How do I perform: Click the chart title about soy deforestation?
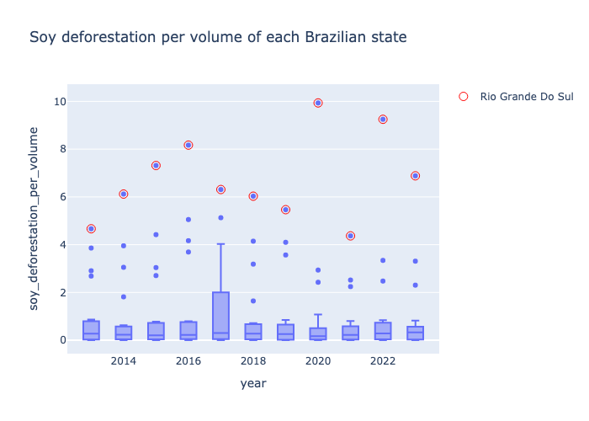[x=218, y=37]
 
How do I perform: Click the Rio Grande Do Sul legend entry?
[x=516, y=97]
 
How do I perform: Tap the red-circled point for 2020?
[x=318, y=103]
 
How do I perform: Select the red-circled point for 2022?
[x=383, y=120]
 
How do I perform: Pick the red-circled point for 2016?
[x=188, y=145]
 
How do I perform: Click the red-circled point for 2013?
[x=91, y=229]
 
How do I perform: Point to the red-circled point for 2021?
[x=351, y=236]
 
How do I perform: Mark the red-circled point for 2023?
[x=415, y=176]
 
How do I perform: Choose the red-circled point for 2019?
[x=285, y=210]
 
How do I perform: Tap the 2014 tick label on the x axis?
[x=124, y=361]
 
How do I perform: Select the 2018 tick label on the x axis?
[x=253, y=361]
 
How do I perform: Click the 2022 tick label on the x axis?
[x=383, y=361]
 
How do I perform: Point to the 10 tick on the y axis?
[x=56, y=102]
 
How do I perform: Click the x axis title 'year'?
[x=253, y=383]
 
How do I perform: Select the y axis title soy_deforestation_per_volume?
[x=34, y=218]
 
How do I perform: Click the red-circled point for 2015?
[x=156, y=166]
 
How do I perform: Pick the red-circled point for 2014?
[x=124, y=194]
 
